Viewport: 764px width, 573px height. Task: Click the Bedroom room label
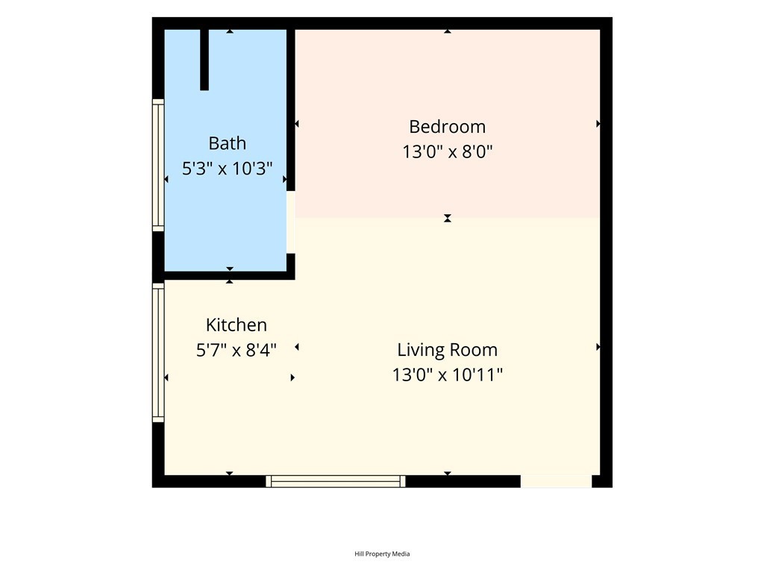coord(448,127)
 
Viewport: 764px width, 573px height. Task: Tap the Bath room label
coord(227,143)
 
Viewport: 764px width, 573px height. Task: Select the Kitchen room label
coord(237,325)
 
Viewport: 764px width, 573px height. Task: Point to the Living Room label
coord(448,350)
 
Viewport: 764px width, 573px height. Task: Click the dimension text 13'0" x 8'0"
coord(448,151)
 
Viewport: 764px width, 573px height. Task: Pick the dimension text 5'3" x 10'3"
coord(227,169)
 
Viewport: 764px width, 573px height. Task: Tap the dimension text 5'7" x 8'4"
coord(237,350)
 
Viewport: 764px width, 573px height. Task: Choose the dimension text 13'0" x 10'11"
coord(448,375)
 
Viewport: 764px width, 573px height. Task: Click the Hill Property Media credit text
coord(382,554)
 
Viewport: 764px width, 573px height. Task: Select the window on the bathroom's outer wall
coord(158,165)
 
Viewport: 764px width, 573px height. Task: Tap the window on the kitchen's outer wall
coord(158,352)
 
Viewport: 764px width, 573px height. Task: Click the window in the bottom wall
coord(336,481)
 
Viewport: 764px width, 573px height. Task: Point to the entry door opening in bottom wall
coord(557,481)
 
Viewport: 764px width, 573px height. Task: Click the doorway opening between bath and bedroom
coord(290,222)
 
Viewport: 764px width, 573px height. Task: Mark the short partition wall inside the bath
coord(204,60)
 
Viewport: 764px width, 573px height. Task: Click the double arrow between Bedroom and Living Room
coord(448,219)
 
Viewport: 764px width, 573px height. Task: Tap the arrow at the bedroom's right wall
coord(598,124)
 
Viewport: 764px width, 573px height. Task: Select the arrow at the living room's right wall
coord(598,347)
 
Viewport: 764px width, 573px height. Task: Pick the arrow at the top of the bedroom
coord(448,31)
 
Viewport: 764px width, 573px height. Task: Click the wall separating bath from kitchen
coord(230,275)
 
